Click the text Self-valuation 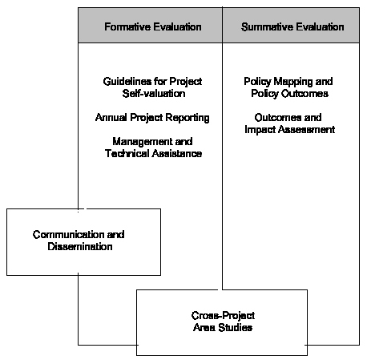(x=154, y=94)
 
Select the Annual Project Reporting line (x=152, y=118)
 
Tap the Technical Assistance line (x=153, y=153)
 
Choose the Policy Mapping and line (x=288, y=82)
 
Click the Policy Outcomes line (x=290, y=94)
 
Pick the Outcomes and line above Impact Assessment (x=288, y=117)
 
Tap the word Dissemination (x=80, y=246)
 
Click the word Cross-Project (x=223, y=316)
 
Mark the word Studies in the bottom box (x=236, y=327)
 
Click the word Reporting (x=188, y=118)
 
